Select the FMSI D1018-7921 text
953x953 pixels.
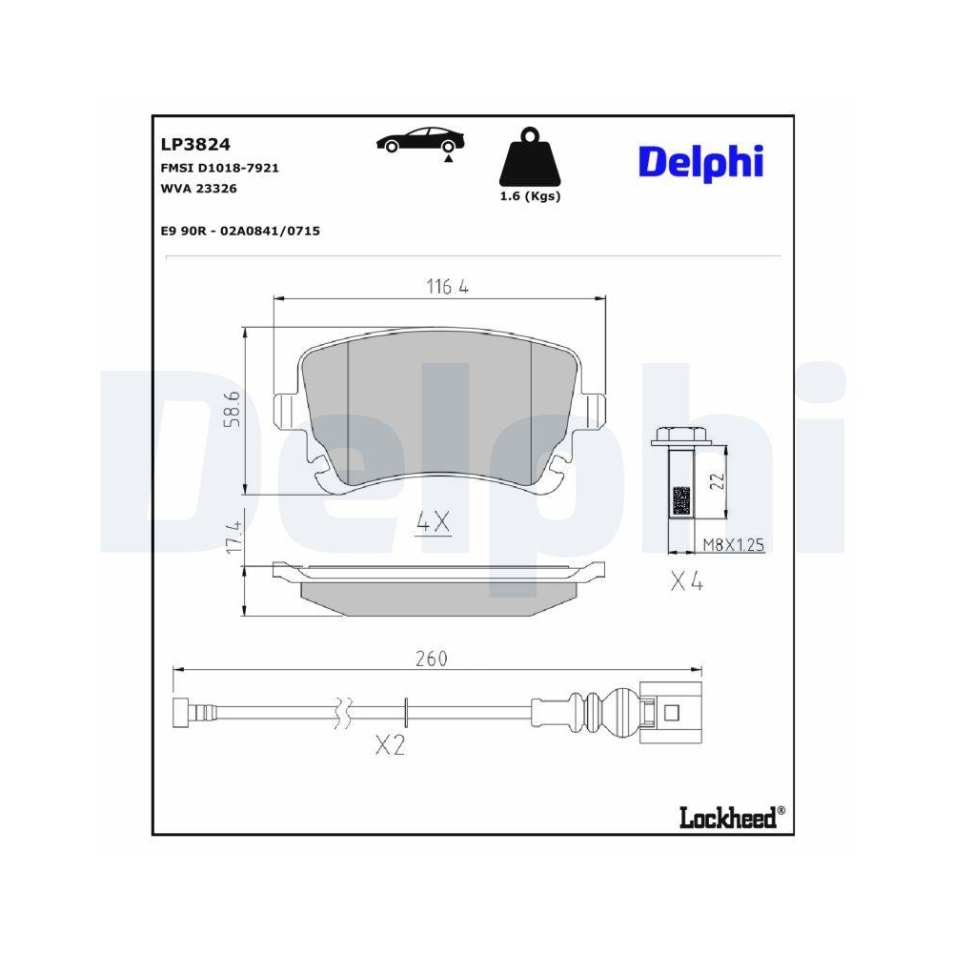click(x=219, y=168)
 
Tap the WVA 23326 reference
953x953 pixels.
click(x=199, y=189)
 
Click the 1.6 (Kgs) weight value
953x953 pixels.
click(x=530, y=196)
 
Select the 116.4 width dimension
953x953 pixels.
click(x=440, y=286)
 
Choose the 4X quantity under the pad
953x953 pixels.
click(x=433, y=521)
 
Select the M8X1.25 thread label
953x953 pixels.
click(x=733, y=545)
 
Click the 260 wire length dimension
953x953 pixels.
click(x=431, y=659)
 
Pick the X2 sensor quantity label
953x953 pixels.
click(x=389, y=745)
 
